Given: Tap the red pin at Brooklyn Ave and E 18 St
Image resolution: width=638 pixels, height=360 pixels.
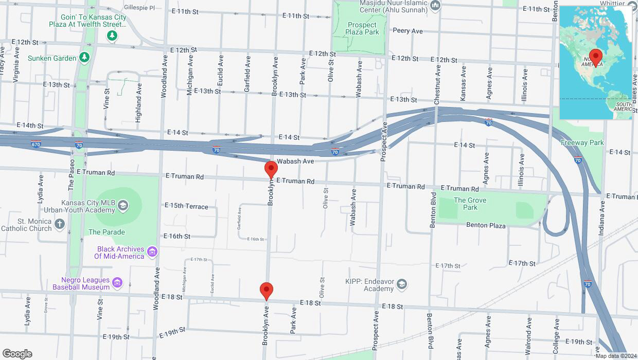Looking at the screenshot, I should click(x=266, y=291).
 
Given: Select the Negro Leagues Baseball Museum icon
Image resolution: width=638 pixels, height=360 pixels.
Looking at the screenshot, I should click(x=117, y=282).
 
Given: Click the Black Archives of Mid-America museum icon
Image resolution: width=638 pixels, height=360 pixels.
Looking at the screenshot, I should click(x=152, y=251).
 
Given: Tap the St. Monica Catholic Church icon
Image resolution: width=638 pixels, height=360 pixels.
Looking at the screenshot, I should click(x=60, y=223).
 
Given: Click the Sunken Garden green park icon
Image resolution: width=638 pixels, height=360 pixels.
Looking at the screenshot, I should click(x=84, y=58).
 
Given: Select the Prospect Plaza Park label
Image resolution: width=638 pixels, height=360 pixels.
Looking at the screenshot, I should click(x=362, y=28).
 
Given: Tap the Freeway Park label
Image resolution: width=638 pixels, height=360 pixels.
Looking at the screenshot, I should click(x=582, y=142).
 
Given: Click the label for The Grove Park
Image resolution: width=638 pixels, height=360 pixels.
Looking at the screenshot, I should click(x=470, y=204).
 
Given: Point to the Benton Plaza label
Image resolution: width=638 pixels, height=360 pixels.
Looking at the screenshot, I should click(x=486, y=225).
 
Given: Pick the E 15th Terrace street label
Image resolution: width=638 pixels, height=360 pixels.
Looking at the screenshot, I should click(x=186, y=206).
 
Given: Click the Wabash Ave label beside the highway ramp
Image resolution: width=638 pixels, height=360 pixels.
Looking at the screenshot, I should click(x=295, y=161).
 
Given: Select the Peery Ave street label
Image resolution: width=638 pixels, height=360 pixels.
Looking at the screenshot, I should click(x=407, y=31).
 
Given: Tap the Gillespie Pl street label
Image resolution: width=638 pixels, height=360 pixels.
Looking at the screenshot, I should click(x=139, y=8).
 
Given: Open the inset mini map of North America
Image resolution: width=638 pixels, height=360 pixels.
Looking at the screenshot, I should click(x=596, y=63).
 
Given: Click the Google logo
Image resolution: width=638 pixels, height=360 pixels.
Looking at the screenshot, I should click(x=17, y=353).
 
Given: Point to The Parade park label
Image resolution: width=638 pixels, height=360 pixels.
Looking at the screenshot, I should click(x=107, y=232).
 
